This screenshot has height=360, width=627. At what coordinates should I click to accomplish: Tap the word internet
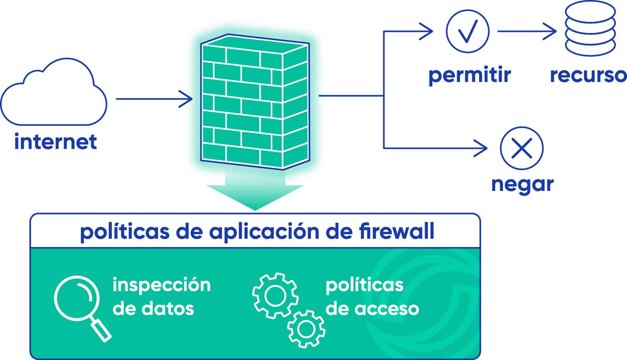click(x=55, y=142)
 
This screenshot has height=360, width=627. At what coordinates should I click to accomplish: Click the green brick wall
click(x=254, y=102)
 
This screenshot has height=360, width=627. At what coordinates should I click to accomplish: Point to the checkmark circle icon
click(x=468, y=31)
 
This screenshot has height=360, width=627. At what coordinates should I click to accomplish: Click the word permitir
click(x=470, y=75)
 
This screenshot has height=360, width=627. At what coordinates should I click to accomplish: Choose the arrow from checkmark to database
click(x=527, y=31)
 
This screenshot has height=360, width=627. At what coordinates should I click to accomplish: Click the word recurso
click(x=588, y=75)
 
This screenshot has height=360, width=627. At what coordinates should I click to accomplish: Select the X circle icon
click(x=522, y=148)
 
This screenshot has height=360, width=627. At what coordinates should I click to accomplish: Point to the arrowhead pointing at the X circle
click(x=482, y=148)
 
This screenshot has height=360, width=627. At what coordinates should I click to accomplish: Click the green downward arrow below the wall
click(x=255, y=191)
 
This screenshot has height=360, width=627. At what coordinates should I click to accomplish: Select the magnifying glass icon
click(x=82, y=307)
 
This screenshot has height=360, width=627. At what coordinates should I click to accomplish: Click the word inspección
click(x=161, y=285)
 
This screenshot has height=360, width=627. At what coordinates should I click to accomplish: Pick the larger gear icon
click(x=275, y=295)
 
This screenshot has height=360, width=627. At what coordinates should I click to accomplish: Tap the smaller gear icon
click(x=306, y=329)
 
